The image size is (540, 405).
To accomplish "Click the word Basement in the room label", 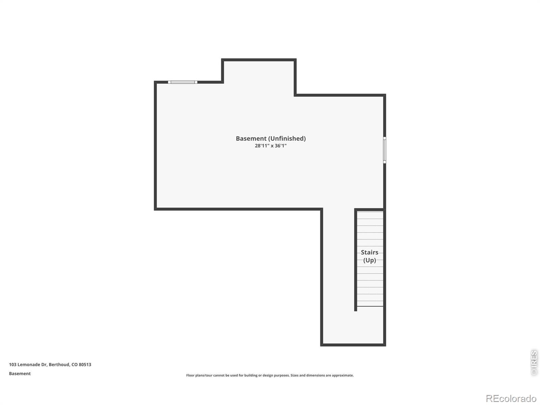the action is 251,138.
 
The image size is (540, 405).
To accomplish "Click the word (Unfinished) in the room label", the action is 287,139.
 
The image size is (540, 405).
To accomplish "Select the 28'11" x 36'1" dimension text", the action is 271,145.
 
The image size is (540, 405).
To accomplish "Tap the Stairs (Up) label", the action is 370,256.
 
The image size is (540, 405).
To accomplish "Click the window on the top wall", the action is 183,82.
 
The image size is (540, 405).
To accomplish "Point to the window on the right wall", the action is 384,150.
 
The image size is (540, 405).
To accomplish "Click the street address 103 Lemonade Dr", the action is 28,364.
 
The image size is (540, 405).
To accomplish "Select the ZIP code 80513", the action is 85,364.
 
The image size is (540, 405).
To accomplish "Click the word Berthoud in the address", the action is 59,364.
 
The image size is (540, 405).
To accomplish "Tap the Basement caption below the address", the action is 20,374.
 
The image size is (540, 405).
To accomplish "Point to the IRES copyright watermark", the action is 534,363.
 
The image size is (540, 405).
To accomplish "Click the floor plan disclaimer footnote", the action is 270,375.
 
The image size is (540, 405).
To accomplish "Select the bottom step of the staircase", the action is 370,303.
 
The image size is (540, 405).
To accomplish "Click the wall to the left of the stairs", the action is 355,260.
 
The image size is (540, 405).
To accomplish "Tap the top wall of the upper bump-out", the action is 259,60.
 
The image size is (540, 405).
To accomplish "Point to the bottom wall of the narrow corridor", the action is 353,345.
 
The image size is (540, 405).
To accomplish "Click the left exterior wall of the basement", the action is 156,145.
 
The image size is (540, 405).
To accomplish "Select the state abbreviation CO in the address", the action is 75,364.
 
